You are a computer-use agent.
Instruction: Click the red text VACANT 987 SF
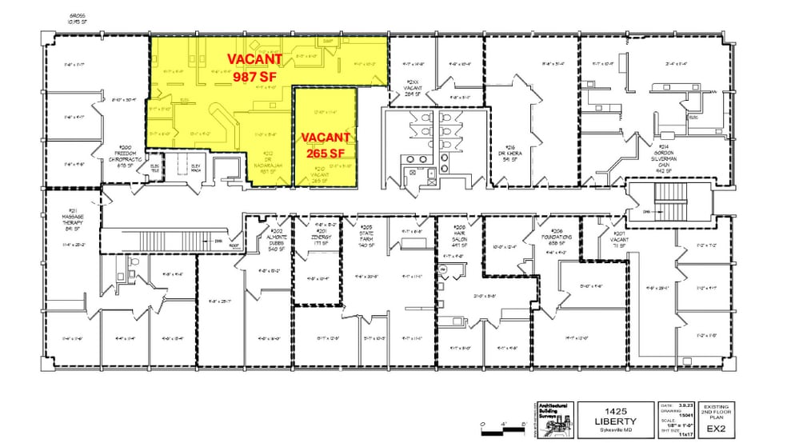pyautogui.click(x=255, y=68)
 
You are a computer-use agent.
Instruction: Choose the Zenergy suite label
pyautogui.click(x=320, y=239)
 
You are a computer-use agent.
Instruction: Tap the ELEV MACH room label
pyautogui.click(x=195, y=167)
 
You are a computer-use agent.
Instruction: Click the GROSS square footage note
pyautogui.click(x=78, y=19)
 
